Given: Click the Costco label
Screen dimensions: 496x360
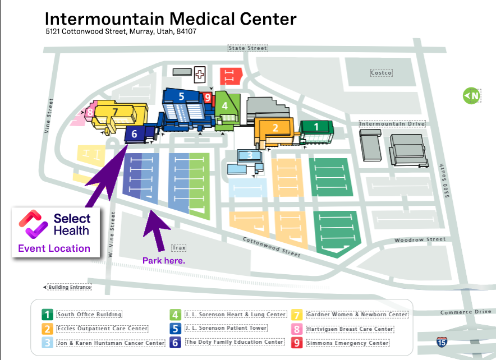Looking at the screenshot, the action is (x=381, y=73).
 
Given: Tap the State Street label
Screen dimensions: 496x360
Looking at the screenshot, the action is (x=248, y=48).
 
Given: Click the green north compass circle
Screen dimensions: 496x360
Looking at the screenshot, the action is (x=471, y=95).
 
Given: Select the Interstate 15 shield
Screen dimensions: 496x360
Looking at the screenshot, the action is (x=442, y=341).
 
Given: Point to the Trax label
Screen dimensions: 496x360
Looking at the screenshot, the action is (x=179, y=247).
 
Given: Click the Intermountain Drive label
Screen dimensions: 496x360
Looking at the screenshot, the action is (x=392, y=123).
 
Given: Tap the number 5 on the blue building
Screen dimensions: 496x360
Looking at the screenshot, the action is (x=181, y=96).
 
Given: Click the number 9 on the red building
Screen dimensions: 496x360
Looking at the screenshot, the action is (x=208, y=98).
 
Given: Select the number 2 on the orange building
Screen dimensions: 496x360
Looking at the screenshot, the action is (x=275, y=128).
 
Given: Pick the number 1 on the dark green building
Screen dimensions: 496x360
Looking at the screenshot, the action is (x=316, y=127).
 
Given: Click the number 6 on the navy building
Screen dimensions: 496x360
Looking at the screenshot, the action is (x=134, y=133).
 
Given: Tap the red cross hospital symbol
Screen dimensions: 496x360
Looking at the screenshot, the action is (x=200, y=75).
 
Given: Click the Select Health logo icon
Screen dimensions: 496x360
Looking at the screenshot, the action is (x=33, y=224).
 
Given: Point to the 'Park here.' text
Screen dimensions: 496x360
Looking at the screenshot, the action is (x=163, y=260).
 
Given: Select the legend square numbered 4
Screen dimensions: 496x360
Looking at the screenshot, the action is (x=175, y=315).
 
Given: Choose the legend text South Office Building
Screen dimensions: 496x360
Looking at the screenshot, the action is (x=89, y=315).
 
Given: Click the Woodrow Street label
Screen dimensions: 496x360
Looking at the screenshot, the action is (x=420, y=239).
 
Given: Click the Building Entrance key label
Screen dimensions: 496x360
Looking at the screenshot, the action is (x=70, y=287).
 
